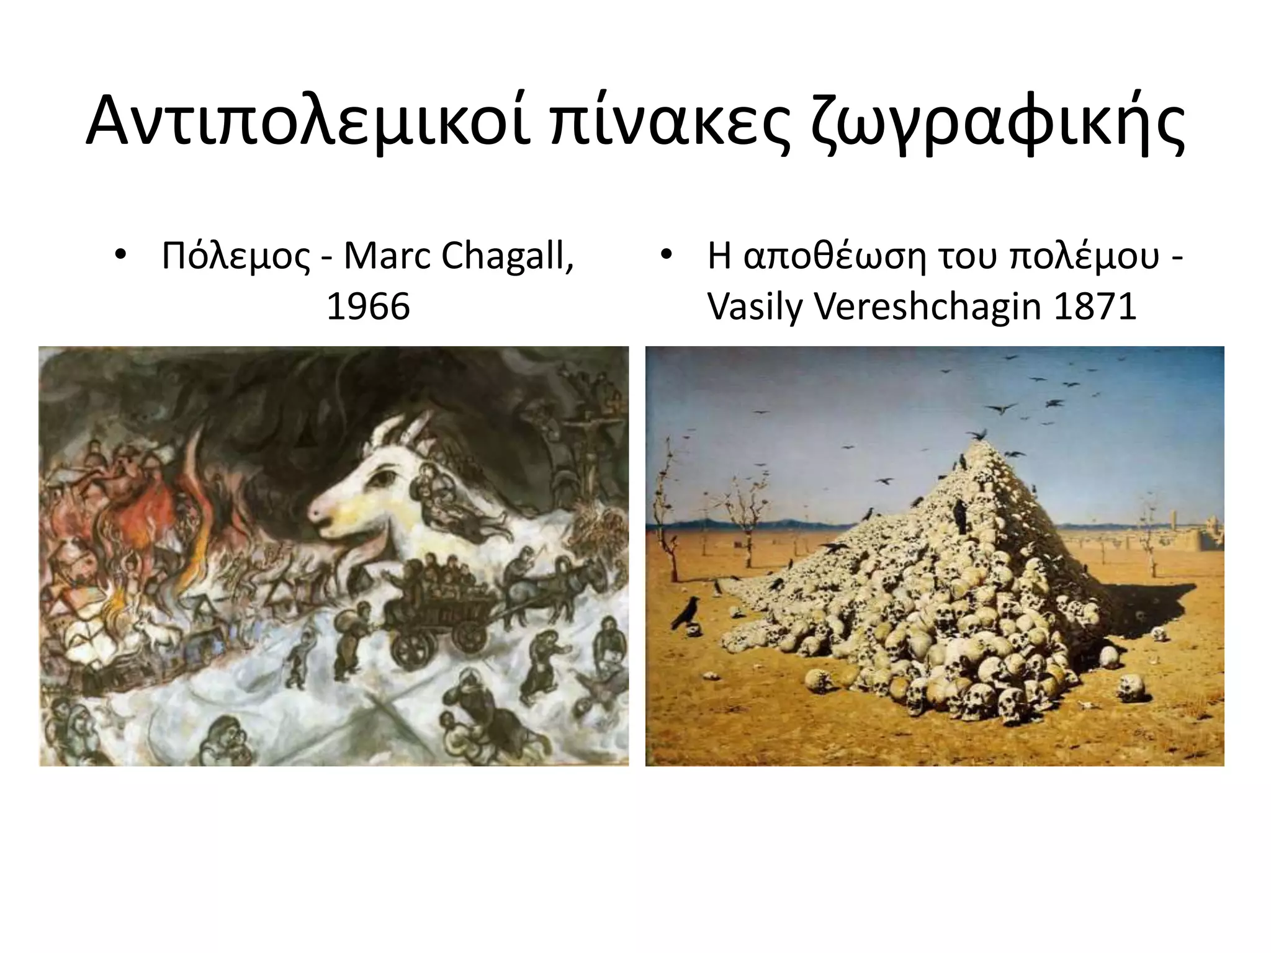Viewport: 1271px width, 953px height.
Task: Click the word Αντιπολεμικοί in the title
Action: [307, 121]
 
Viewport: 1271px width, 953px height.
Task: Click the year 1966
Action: [368, 306]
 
